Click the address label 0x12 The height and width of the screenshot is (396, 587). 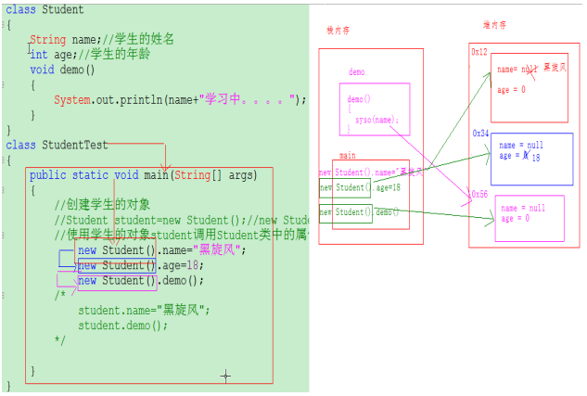[x=479, y=52]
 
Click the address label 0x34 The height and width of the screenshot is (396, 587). [x=479, y=134]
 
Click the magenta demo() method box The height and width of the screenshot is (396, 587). [x=375, y=109]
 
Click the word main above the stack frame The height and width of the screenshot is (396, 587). [x=347, y=156]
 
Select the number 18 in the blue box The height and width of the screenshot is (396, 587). [x=535, y=158]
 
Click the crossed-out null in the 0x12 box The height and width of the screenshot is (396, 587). [x=529, y=70]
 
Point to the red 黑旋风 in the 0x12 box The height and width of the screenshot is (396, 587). [x=555, y=68]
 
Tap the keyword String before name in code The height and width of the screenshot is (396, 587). [x=47, y=40]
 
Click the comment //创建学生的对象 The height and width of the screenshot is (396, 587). [x=102, y=204]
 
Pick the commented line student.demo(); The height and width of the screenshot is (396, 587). [x=122, y=326]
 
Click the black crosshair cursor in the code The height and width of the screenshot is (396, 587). [x=224, y=376]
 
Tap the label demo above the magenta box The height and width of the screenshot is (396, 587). [x=356, y=72]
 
